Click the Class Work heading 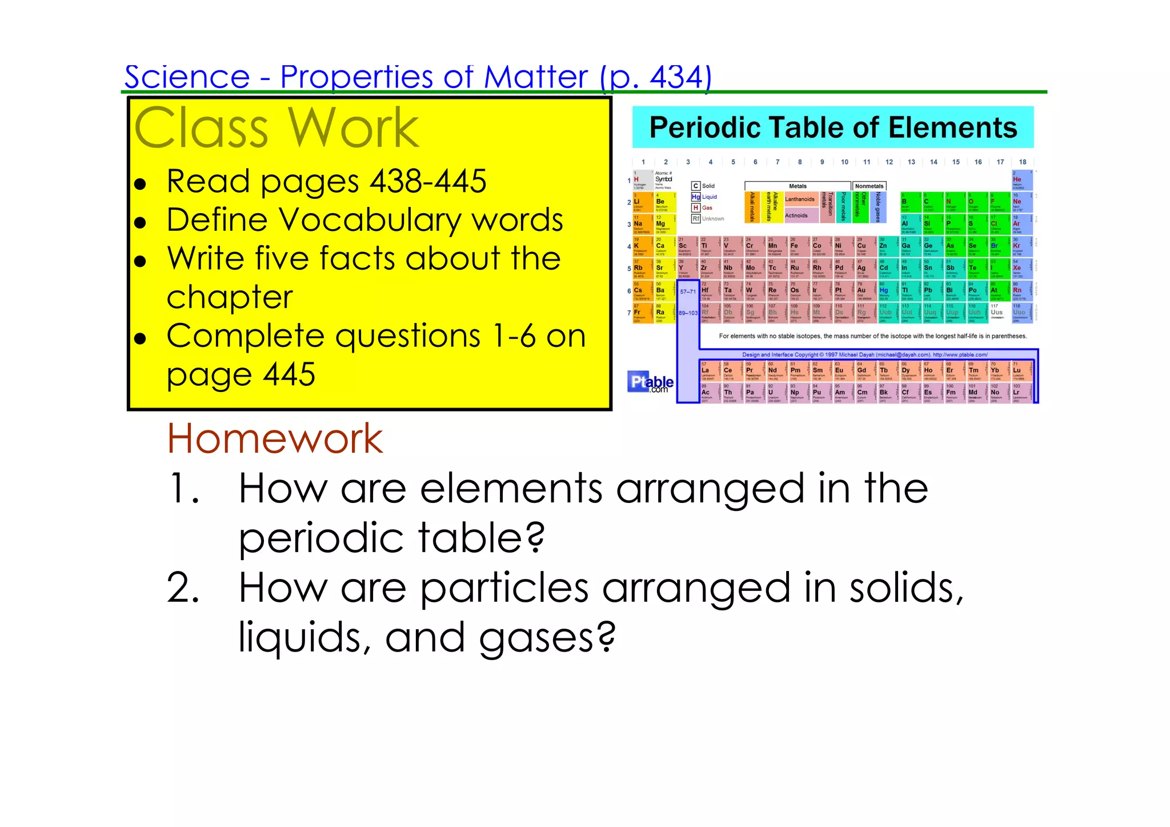click(x=277, y=128)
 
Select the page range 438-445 click(x=428, y=182)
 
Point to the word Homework click(x=275, y=439)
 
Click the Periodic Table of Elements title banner click(x=833, y=127)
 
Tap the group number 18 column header click(x=1022, y=162)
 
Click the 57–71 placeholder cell click(x=688, y=291)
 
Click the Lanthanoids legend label click(x=799, y=199)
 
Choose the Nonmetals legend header click(x=869, y=186)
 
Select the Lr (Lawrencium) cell click(x=1020, y=393)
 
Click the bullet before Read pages click(x=140, y=184)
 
